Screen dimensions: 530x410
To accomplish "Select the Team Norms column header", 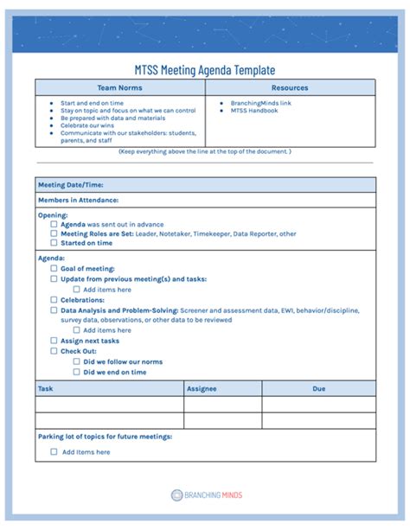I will [119, 87].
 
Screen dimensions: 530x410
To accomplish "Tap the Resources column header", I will [290, 87].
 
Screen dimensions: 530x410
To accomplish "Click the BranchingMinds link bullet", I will [260, 103].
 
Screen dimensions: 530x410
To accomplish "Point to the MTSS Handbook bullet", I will [253, 111].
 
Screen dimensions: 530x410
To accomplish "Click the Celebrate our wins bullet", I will [88, 126].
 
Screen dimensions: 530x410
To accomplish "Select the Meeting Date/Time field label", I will [71, 185].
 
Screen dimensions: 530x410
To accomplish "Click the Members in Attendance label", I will [78, 201].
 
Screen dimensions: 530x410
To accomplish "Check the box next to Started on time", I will [54, 243].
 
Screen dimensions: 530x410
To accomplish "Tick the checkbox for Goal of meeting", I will [54, 268].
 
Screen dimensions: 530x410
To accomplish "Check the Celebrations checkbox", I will [54, 299].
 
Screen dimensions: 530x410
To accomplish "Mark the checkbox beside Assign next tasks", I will [54, 341].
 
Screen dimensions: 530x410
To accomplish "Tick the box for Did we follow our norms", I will [77, 361].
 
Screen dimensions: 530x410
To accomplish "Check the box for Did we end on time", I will [77, 372].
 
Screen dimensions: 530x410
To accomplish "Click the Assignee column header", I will [202, 389].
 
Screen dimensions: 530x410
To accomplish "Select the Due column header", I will [318, 389].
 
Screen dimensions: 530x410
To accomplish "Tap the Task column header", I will [46, 389].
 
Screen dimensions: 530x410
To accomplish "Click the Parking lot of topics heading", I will [105, 437].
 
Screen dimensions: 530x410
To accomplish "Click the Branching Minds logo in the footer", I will [206, 495].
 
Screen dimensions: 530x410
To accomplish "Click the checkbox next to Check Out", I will [54, 351].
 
